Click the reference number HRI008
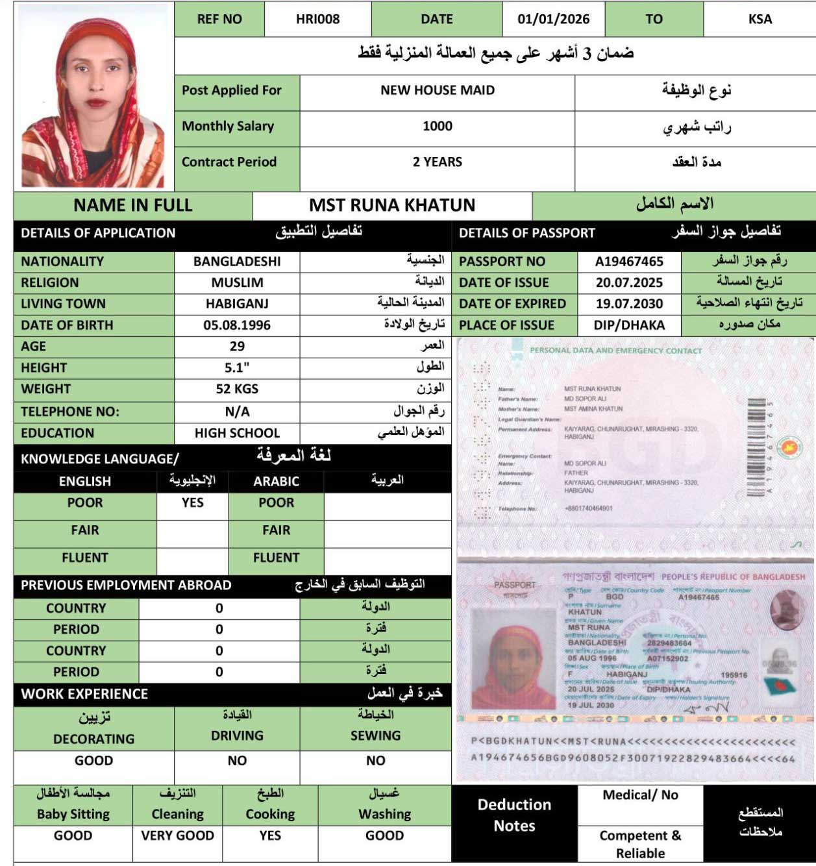(317, 19)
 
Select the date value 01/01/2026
(553, 19)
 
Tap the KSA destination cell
(760, 19)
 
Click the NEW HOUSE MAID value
(438, 90)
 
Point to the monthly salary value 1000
(438, 126)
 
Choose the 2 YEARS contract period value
(438, 162)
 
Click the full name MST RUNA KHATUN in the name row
(392, 205)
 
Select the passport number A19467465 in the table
(629, 262)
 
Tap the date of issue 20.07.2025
(629, 282)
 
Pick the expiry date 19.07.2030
(629, 304)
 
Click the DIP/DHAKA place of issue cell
(629, 325)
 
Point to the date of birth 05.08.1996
(237, 325)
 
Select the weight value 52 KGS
(237, 389)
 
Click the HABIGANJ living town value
(237, 304)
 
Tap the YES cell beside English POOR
(192, 502)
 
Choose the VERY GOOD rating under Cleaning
(177, 835)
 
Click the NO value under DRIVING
(237, 760)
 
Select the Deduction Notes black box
(514, 815)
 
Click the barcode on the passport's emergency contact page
(756, 448)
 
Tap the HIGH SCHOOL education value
(237, 433)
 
